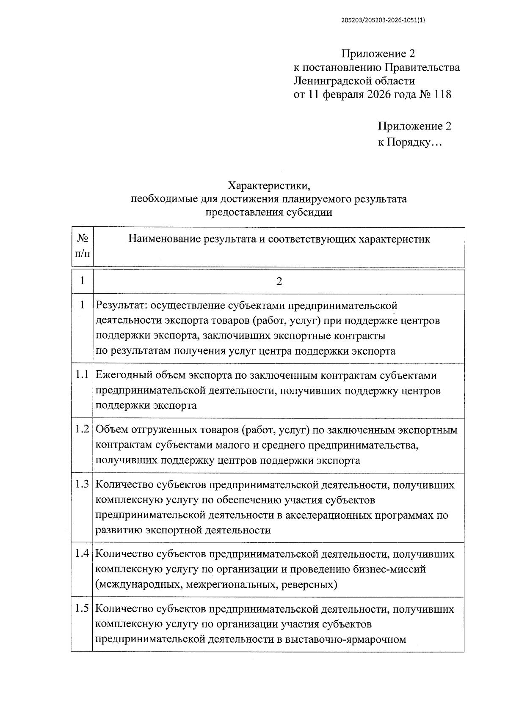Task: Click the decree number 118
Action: pyautogui.click(x=442, y=94)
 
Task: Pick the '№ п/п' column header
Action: pyautogui.click(x=83, y=246)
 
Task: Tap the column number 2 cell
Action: pyautogui.click(x=279, y=282)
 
